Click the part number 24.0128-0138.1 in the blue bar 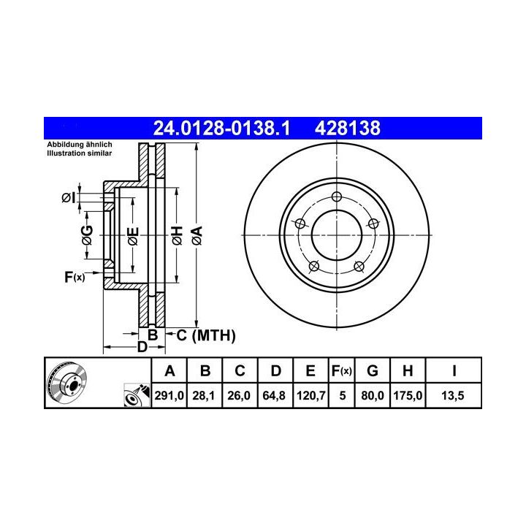(221, 128)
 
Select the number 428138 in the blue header (348, 128)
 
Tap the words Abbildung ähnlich (80, 145)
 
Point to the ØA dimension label (197, 235)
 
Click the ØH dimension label (177, 235)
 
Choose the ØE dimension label (133, 236)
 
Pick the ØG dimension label (87, 235)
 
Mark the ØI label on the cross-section (69, 198)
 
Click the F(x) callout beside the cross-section (75, 277)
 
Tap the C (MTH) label (206, 335)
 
